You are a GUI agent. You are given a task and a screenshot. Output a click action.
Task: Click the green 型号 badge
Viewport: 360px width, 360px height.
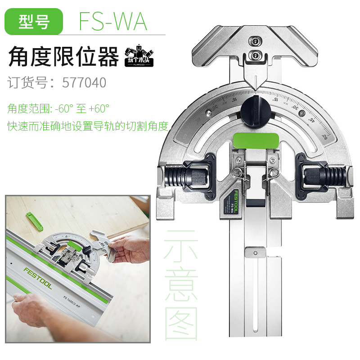34,22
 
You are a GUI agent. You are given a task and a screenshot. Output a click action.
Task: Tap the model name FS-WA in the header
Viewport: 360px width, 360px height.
112,22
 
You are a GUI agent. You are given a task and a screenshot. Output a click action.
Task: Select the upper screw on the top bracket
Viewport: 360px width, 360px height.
255,41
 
